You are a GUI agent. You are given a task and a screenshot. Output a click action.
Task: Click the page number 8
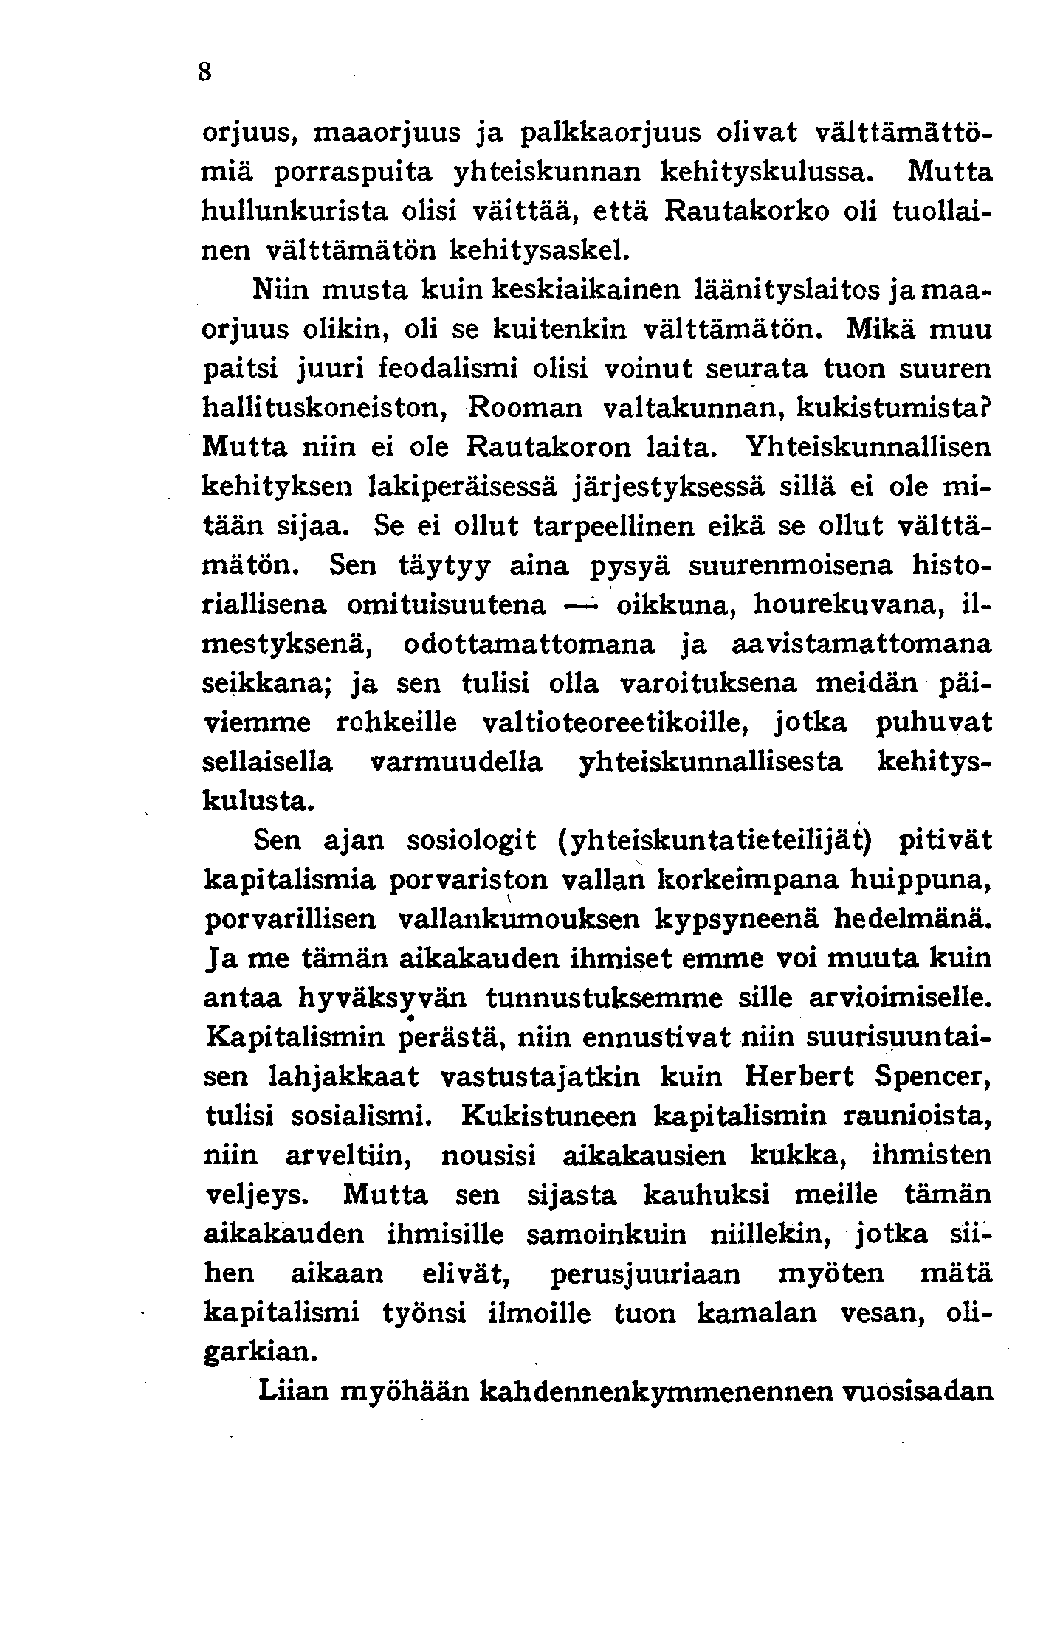click(205, 73)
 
